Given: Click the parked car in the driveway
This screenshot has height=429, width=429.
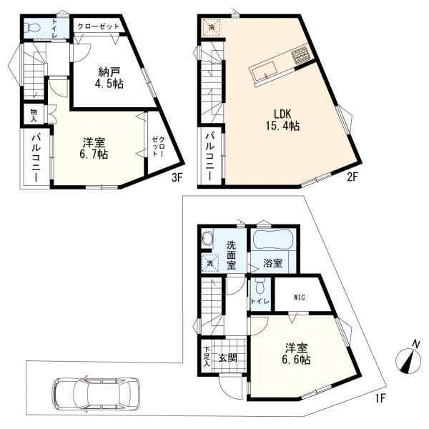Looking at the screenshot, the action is click(96, 393).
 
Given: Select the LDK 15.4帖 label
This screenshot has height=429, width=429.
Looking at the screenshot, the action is click(282, 119).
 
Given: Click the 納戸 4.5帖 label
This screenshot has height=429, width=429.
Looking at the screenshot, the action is click(109, 78).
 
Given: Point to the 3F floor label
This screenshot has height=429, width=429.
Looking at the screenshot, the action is click(177, 178).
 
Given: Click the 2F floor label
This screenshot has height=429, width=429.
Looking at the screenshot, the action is click(352, 177).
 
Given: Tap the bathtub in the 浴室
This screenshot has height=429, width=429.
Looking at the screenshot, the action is click(272, 240).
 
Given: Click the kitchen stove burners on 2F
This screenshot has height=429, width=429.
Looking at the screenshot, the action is click(301, 56).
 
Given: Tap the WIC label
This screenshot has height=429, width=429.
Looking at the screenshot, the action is click(300, 297).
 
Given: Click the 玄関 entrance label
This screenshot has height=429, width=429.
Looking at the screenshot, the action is click(227, 357).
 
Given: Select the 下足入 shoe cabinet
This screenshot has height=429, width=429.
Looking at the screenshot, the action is click(207, 357).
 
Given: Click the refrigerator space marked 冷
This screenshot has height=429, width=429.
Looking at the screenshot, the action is click(212, 27).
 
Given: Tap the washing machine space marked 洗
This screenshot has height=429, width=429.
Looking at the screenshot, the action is click(209, 263).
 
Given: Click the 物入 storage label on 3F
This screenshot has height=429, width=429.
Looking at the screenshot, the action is click(34, 114).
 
